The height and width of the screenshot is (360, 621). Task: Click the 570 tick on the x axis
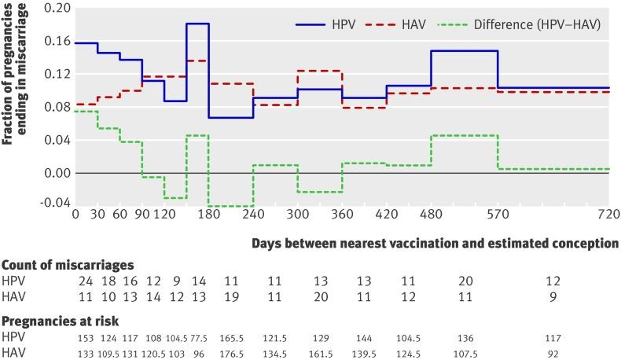498,215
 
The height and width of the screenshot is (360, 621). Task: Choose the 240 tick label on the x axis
252,215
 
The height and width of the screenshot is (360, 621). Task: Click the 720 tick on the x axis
608,215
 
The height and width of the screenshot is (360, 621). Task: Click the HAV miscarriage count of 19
230,296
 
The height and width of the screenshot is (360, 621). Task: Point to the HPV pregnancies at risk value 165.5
230,337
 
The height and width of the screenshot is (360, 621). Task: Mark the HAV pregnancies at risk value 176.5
230,353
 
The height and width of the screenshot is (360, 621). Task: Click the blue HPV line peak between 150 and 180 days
197,24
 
